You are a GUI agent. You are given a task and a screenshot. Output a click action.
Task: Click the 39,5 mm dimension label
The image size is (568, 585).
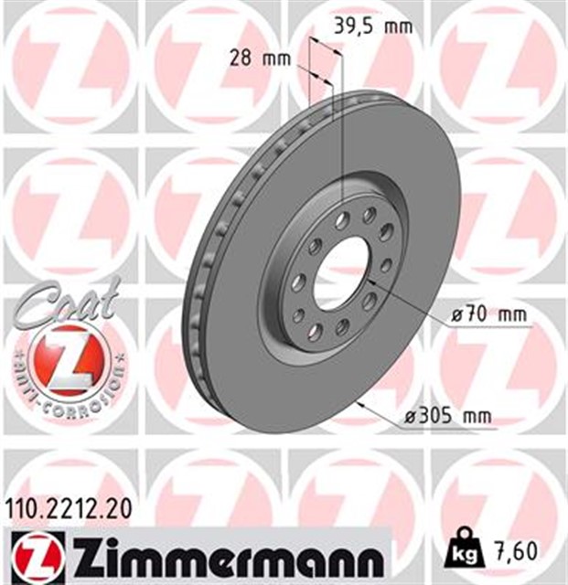[x=370, y=27]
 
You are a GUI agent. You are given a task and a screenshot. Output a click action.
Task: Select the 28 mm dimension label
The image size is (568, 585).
[x=260, y=60]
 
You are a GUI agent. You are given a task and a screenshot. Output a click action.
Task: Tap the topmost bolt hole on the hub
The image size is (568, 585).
[x=370, y=214]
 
